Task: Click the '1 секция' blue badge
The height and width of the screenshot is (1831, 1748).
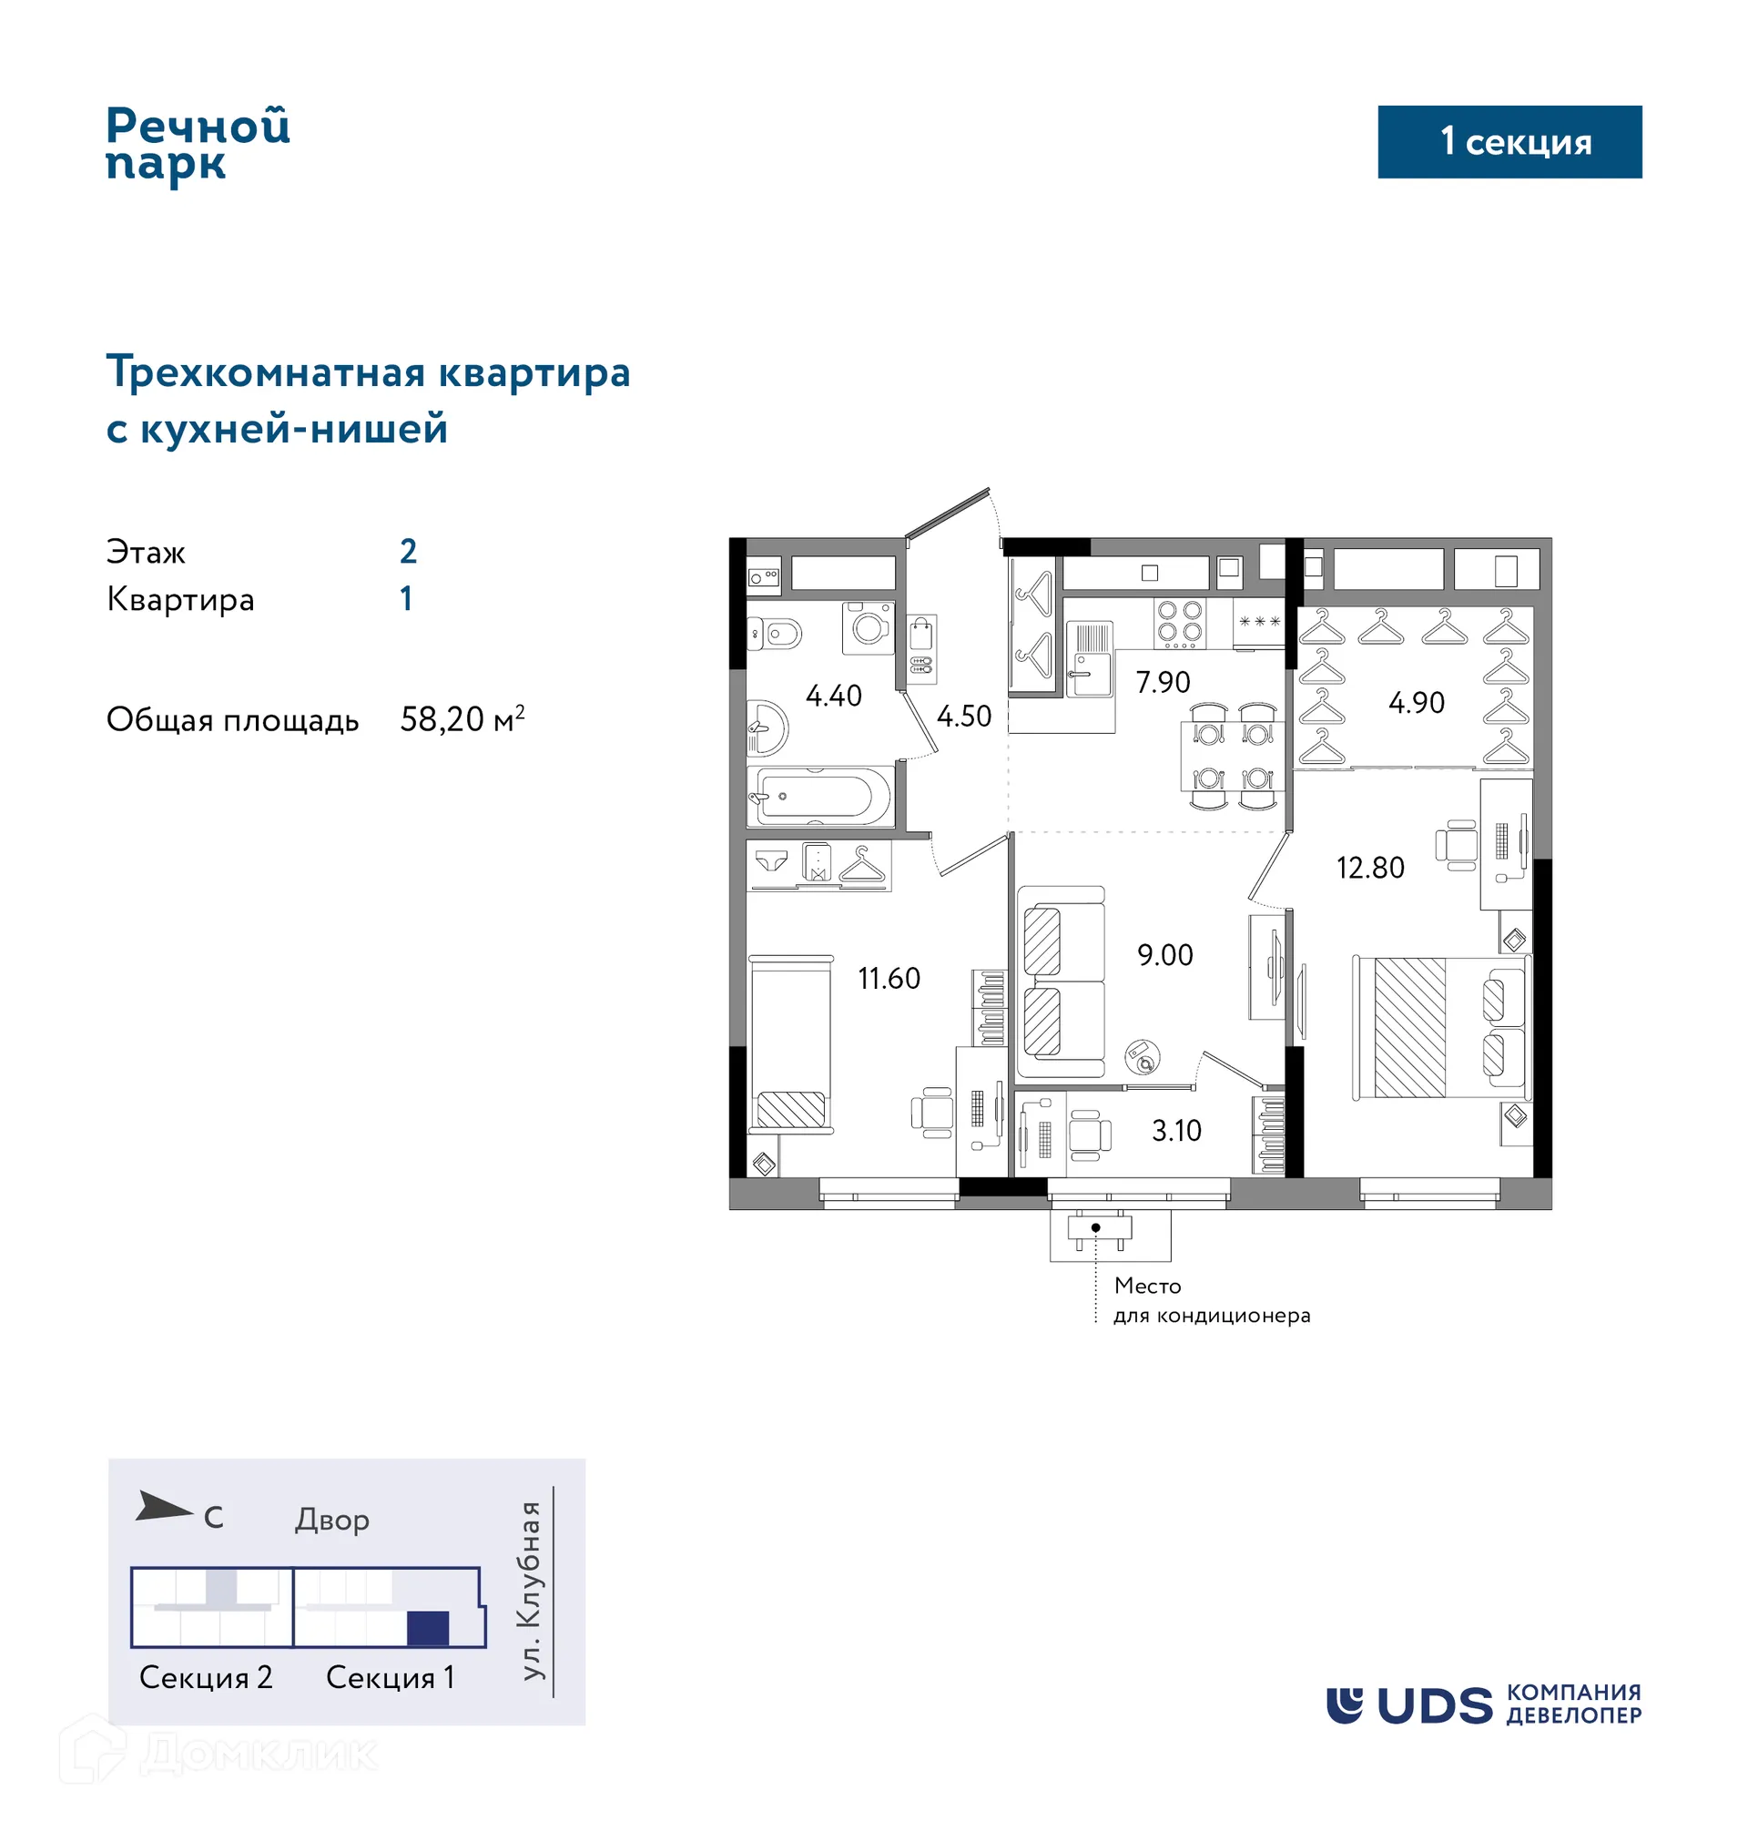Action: [1509, 142]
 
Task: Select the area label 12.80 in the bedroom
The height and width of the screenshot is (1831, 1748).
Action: [1369, 868]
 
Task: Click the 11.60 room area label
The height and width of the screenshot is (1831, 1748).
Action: [889, 979]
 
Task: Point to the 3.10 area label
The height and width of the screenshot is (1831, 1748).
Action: [1176, 1130]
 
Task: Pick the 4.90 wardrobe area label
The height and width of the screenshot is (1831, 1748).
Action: [1417, 703]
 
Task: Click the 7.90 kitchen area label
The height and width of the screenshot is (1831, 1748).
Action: [1163, 682]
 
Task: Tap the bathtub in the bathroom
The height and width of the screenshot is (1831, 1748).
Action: [817, 797]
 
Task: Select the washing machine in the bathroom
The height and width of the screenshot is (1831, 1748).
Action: [869, 627]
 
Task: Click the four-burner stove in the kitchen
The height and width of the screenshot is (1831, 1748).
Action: [1180, 623]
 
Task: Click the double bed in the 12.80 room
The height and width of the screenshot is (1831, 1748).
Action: [1440, 1027]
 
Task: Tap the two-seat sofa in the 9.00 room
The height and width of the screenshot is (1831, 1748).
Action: [1061, 982]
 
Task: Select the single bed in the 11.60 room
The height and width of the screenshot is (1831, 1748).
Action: [791, 1043]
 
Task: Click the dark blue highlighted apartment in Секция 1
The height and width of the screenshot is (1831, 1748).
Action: [428, 1628]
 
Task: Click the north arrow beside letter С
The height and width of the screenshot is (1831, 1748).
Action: [163, 1507]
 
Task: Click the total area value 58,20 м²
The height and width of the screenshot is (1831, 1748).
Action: [462, 719]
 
